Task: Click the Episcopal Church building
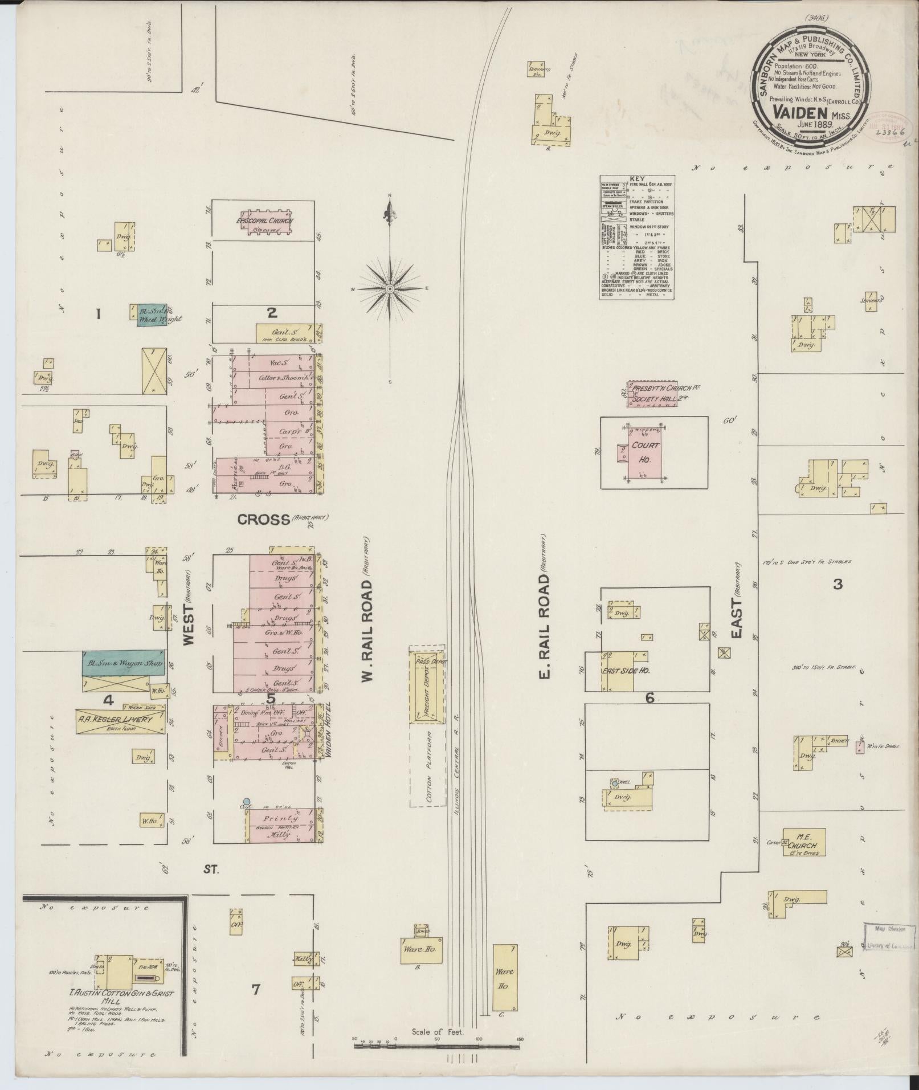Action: [266, 223]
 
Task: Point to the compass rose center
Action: [390, 289]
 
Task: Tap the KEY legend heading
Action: [636, 179]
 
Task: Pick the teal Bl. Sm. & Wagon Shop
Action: [124, 663]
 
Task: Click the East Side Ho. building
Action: [626, 671]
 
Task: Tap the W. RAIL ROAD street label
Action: [369, 607]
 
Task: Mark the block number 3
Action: [837, 584]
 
